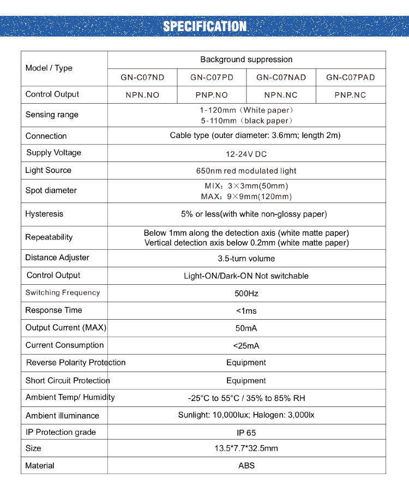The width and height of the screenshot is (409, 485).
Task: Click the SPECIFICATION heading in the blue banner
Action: tap(204, 26)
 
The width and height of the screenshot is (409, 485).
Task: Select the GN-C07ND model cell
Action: tap(142, 77)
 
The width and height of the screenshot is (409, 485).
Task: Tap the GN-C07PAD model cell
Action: tap(351, 77)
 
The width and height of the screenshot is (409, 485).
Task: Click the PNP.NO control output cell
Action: tap(212, 95)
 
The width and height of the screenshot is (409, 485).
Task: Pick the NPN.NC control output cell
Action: tap(281, 95)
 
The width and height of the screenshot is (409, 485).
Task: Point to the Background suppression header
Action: tap(246, 59)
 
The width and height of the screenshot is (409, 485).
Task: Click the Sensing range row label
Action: tap(52, 115)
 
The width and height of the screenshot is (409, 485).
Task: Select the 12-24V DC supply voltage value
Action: tap(246, 153)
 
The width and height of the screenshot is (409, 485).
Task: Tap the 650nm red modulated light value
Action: tap(246, 171)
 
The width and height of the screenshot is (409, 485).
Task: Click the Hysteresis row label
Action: tap(44, 214)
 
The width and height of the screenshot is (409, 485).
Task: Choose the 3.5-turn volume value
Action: tap(246, 258)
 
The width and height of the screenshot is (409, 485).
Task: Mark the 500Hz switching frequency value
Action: tap(246, 293)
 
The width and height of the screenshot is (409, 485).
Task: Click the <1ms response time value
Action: tap(246, 310)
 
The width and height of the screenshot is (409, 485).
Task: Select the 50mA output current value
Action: tap(246, 328)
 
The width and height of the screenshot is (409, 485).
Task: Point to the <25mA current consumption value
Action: tap(246, 345)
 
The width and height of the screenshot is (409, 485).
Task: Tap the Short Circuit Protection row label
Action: tap(68, 380)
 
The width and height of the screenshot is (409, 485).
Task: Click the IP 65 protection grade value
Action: tap(246, 433)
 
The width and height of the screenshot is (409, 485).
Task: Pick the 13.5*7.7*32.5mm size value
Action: tap(246, 448)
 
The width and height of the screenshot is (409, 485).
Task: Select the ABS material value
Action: tap(246, 465)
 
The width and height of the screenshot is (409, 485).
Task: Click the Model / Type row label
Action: tap(49, 68)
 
